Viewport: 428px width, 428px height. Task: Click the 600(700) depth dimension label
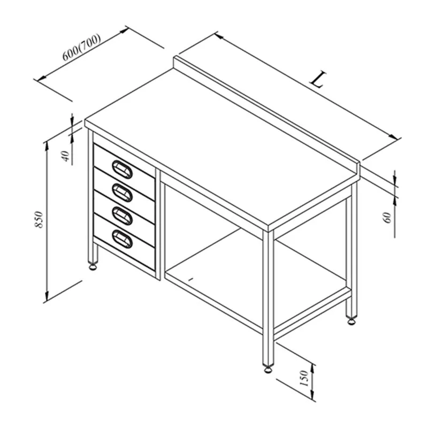82,47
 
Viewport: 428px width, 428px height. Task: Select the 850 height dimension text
39,219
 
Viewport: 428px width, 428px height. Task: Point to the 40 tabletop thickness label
66,156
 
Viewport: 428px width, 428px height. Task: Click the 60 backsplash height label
387,218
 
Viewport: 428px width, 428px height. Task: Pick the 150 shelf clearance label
304,378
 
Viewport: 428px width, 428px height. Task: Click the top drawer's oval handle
123,169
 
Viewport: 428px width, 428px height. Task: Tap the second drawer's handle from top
123,193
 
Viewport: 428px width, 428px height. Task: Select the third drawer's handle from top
123,216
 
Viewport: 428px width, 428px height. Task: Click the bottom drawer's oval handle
123,239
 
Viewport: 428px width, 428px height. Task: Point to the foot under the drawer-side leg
93,266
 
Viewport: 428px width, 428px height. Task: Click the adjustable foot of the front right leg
268,369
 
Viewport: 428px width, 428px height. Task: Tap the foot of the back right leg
351,320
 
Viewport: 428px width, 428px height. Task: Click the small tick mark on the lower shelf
191,279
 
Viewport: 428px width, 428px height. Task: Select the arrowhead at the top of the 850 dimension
47,146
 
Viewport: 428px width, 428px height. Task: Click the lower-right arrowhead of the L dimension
393,137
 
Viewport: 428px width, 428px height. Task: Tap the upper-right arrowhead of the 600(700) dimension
124,30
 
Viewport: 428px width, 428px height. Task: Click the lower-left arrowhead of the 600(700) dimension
41,78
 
